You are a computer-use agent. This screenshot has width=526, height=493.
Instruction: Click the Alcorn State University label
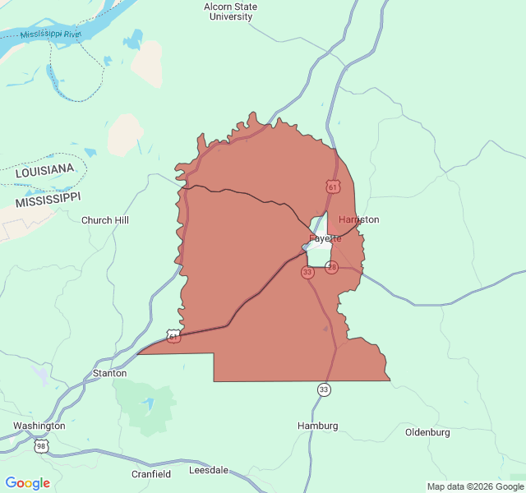[230, 12]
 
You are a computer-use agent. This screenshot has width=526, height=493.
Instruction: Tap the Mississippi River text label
[51, 35]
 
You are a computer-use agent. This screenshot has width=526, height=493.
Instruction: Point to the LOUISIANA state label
[44, 170]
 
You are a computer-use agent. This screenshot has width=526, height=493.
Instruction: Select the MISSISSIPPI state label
[48, 200]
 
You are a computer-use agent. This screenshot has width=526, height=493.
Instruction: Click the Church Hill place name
[104, 220]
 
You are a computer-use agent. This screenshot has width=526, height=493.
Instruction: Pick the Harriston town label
[359, 220]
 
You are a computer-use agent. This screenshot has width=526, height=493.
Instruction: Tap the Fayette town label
[325, 238]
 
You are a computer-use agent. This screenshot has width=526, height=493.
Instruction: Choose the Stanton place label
[109, 373]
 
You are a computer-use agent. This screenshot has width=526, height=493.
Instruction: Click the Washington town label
[39, 426]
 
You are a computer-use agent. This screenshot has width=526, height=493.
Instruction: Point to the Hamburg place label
[317, 426]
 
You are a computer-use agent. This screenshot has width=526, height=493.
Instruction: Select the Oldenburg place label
[427, 432]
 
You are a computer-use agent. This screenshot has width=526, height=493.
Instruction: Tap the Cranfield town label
[151, 474]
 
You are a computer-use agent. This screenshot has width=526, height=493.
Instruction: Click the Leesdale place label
[209, 471]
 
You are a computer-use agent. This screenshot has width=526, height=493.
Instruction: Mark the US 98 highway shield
[41, 446]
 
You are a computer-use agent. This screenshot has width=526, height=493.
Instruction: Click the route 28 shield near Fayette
[332, 267]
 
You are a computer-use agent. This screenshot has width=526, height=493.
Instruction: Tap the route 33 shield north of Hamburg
[325, 389]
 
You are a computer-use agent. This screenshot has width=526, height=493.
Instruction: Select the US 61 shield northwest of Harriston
[332, 187]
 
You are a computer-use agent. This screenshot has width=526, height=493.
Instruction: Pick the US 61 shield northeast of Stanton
[173, 336]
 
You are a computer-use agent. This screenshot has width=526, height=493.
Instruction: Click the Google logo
[28, 483]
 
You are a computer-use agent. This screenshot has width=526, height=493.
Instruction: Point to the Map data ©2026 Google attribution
[474, 486]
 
